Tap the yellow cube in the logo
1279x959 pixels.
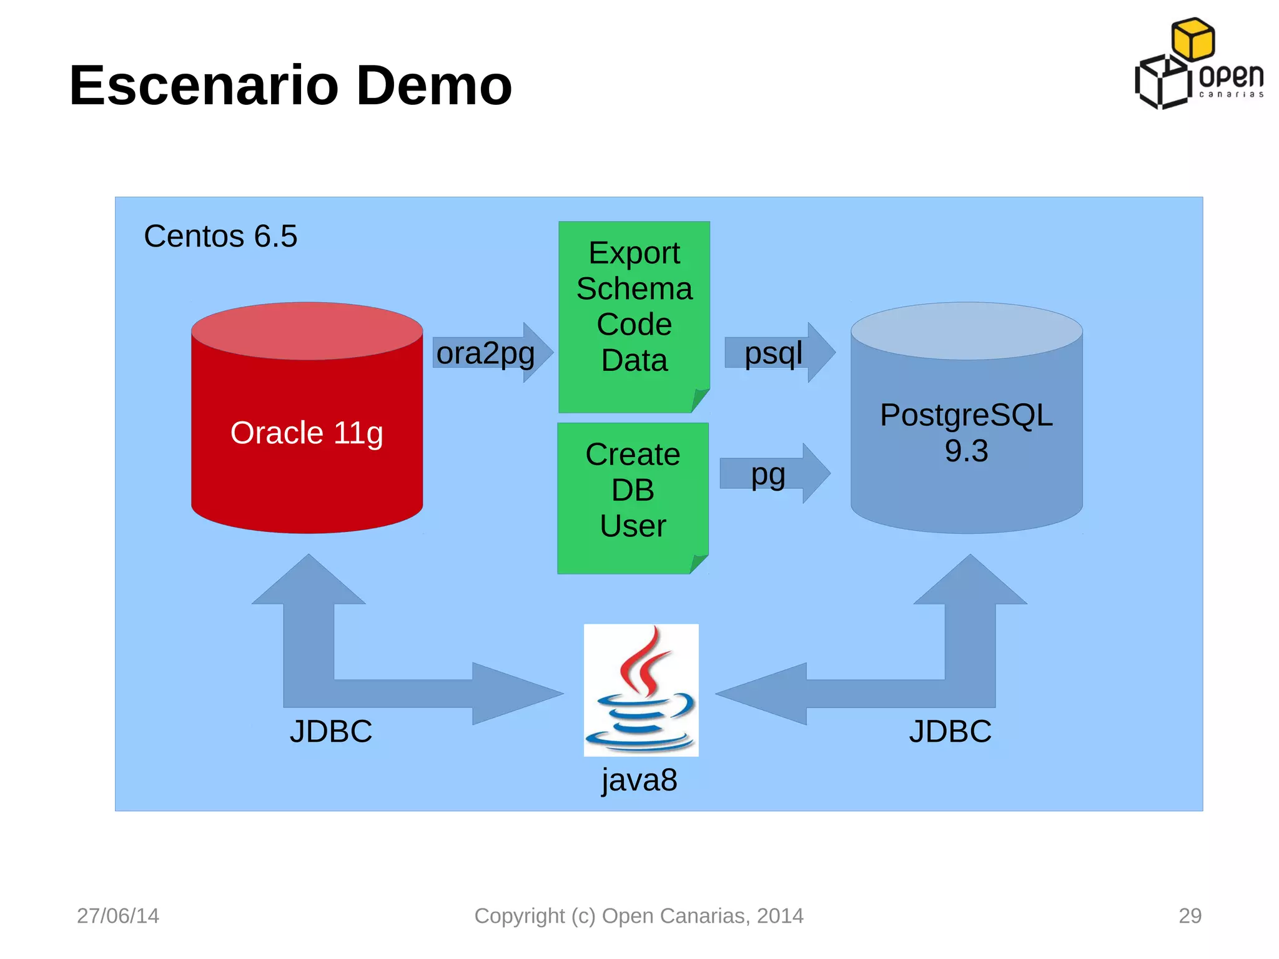coord(1193,39)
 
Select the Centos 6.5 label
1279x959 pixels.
coord(220,236)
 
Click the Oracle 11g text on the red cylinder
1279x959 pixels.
coord(306,433)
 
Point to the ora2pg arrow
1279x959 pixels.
coord(490,353)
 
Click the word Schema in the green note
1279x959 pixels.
coord(634,288)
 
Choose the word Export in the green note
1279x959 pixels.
coord(634,253)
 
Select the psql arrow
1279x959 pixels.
coord(778,353)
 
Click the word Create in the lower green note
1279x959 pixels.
coord(633,454)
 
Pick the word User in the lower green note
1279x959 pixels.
coord(633,526)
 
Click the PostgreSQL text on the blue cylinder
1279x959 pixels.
coord(966,415)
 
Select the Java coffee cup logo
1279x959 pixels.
coord(641,690)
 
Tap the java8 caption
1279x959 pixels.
coord(639,780)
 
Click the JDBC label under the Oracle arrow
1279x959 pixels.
coord(330,731)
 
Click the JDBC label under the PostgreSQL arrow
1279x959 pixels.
coord(950,731)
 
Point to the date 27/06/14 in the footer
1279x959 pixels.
coord(118,916)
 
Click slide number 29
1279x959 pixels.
coord(1190,916)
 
